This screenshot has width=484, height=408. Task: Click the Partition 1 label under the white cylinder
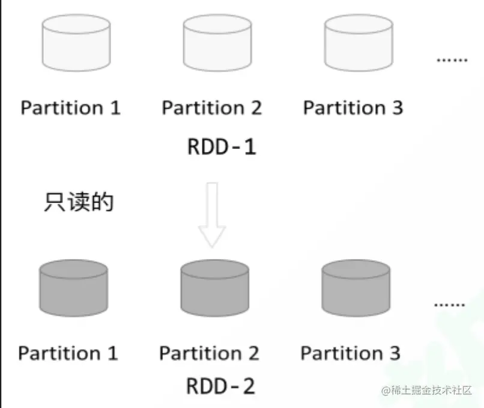[x=70, y=108]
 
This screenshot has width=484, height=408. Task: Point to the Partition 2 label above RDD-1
[x=212, y=108]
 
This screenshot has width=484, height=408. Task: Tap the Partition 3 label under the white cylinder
[x=353, y=108]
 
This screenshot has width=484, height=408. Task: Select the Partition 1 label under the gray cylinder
[x=68, y=353]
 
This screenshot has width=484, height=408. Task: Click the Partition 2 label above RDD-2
[x=209, y=353]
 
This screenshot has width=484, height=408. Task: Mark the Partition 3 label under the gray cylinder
[x=350, y=353]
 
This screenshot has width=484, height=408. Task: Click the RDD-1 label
[x=222, y=147]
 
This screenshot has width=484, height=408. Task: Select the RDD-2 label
[x=220, y=386]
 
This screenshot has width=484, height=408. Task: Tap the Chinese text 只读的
[x=79, y=202]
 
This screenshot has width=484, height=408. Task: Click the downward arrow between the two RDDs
[x=212, y=215]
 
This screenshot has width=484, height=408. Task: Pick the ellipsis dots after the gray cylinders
[x=449, y=304]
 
